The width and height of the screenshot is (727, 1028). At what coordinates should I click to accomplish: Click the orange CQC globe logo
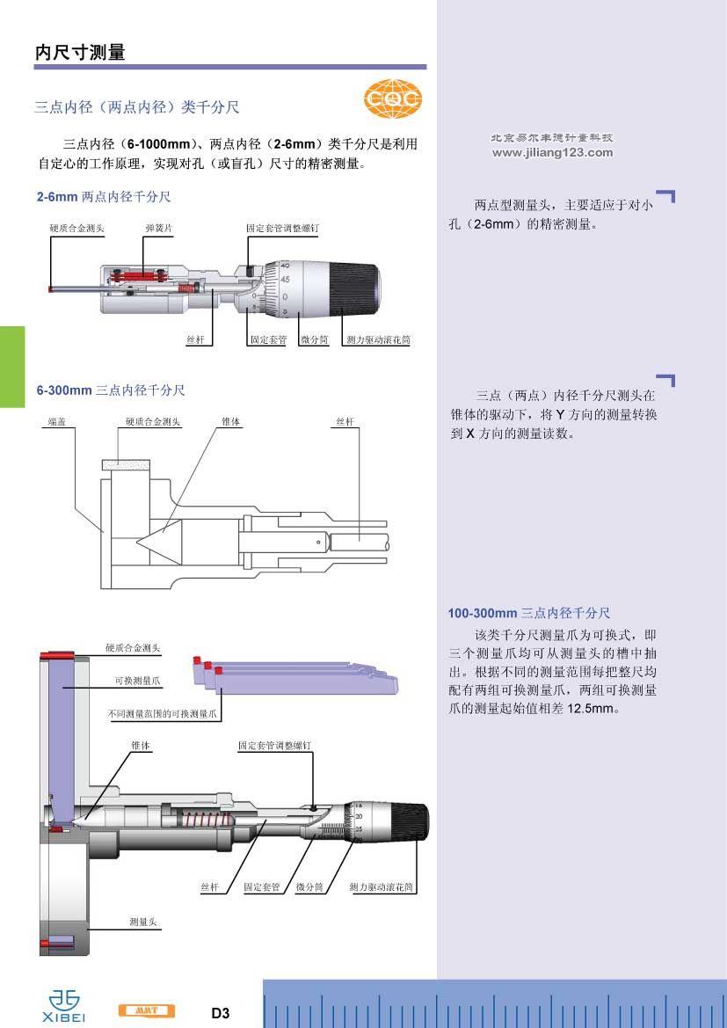pyautogui.click(x=393, y=99)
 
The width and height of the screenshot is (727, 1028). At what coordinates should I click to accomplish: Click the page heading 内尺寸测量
pyautogui.click(x=80, y=52)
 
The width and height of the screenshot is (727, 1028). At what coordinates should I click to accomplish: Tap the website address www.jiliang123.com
pyautogui.click(x=552, y=152)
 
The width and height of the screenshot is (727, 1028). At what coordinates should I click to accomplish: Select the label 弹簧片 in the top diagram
pyautogui.click(x=158, y=228)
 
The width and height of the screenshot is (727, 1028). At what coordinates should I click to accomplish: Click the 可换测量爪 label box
pyautogui.click(x=138, y=681)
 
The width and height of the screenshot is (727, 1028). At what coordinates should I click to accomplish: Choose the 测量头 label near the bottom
pyautogui.click(x=142, y=922)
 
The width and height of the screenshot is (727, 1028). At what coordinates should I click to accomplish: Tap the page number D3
pyautogui.click(x=220, y=1013)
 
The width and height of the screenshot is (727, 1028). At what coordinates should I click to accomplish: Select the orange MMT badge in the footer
pyautogui.click(x=146, y=1010)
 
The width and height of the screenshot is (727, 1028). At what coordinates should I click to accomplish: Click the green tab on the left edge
pyautogui.click(x=12, y=366)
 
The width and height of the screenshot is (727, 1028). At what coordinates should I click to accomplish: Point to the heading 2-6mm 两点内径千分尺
pyautogui.click(x=104, y=197)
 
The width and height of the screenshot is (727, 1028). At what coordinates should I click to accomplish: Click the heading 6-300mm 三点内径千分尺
pyautogui.click(x=111, y=390)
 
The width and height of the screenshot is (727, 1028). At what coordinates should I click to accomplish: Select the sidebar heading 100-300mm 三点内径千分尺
pyautogui.click(x=528, y=613)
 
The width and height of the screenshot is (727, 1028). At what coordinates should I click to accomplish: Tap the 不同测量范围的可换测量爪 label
pyautogui.click(x=163, y=714)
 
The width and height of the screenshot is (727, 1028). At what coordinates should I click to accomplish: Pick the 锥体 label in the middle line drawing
pyautogui.click(x=231, y=422)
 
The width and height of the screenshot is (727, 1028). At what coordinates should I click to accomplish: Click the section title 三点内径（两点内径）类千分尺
pyautogui.click(x=136, y=107)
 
